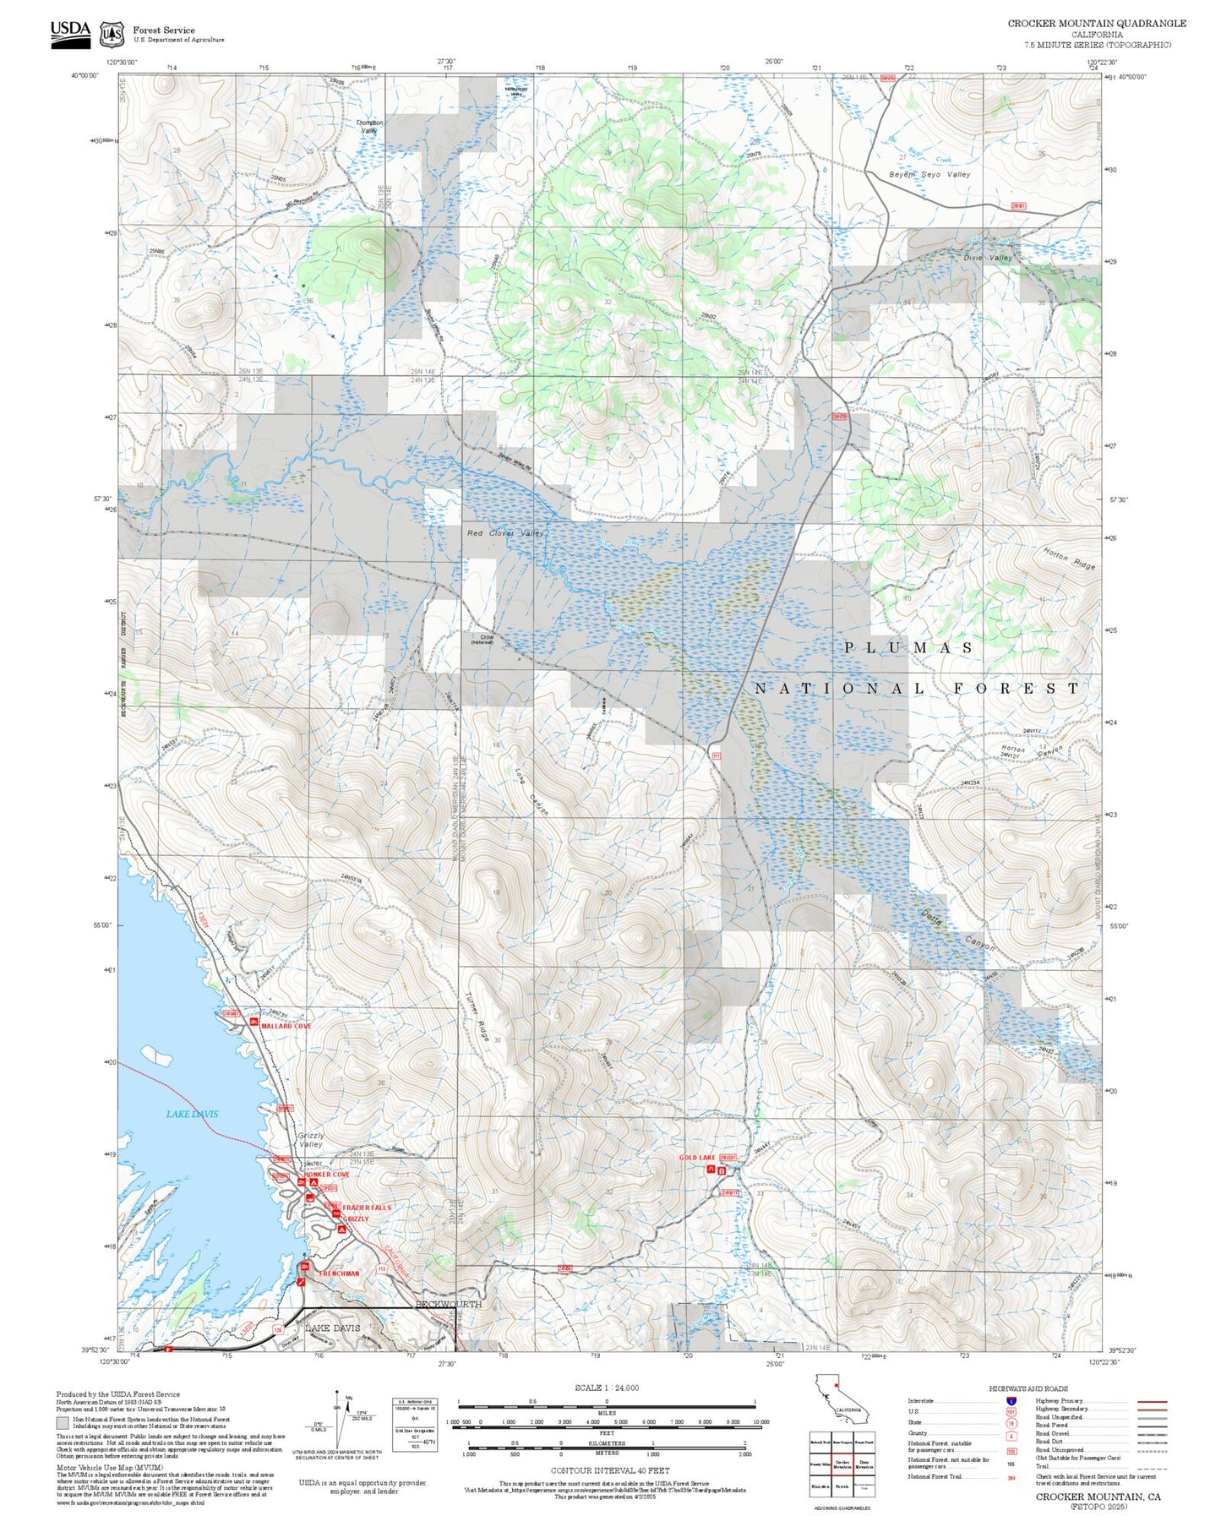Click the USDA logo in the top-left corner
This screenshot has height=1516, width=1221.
point(70,33)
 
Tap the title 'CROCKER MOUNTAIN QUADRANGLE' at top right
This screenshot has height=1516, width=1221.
point(1096,24)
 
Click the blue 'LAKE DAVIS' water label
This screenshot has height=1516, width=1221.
point(192,1114)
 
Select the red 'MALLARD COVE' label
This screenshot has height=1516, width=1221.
point(286,1026)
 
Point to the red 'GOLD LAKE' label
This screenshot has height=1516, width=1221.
point(697,1157)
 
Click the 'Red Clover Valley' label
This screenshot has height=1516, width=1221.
point(505,533)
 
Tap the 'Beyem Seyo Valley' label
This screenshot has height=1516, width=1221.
point(929,174)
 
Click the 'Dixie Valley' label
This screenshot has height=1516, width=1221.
point(988,258)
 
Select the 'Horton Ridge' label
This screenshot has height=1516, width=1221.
point(1069,559)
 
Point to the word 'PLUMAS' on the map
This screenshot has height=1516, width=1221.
point(908,647)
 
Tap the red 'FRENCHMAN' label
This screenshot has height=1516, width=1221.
point(339,1273)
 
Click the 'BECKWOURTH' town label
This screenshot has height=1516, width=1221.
point(448,1304)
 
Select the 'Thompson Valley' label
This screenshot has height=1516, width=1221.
point(368,127)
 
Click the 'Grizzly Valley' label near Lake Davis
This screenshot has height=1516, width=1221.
point(311,1140)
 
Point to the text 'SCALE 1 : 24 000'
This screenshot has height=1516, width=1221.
point(606,1388)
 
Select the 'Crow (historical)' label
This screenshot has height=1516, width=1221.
point(486,640)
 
